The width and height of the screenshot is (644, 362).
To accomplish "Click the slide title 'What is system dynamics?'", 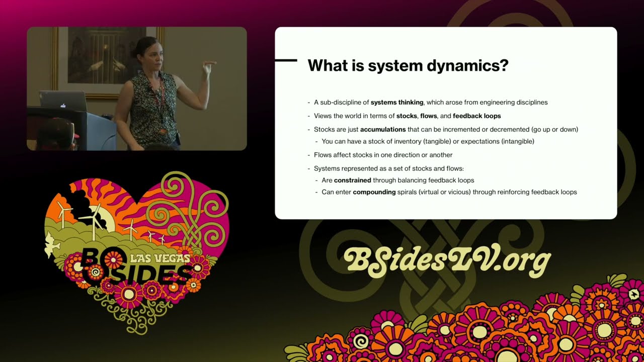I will [408, 66].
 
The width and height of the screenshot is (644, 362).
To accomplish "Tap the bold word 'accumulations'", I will [383, 130].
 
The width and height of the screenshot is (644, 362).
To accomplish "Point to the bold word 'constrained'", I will [352, 180].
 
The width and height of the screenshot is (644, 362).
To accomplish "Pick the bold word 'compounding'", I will [374, 192].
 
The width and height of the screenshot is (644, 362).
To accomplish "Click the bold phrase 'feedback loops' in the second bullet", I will [476, 116].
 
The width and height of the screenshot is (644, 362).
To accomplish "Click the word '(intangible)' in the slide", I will [518, 142].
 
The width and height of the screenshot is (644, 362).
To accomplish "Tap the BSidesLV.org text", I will [447, 260].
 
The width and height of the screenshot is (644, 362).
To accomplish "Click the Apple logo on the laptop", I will [63, 106].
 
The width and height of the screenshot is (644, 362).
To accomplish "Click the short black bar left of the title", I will [286, 60].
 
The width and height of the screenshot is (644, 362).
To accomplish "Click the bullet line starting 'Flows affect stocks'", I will [383, 155].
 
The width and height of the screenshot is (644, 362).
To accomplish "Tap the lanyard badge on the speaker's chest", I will [163, 132].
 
